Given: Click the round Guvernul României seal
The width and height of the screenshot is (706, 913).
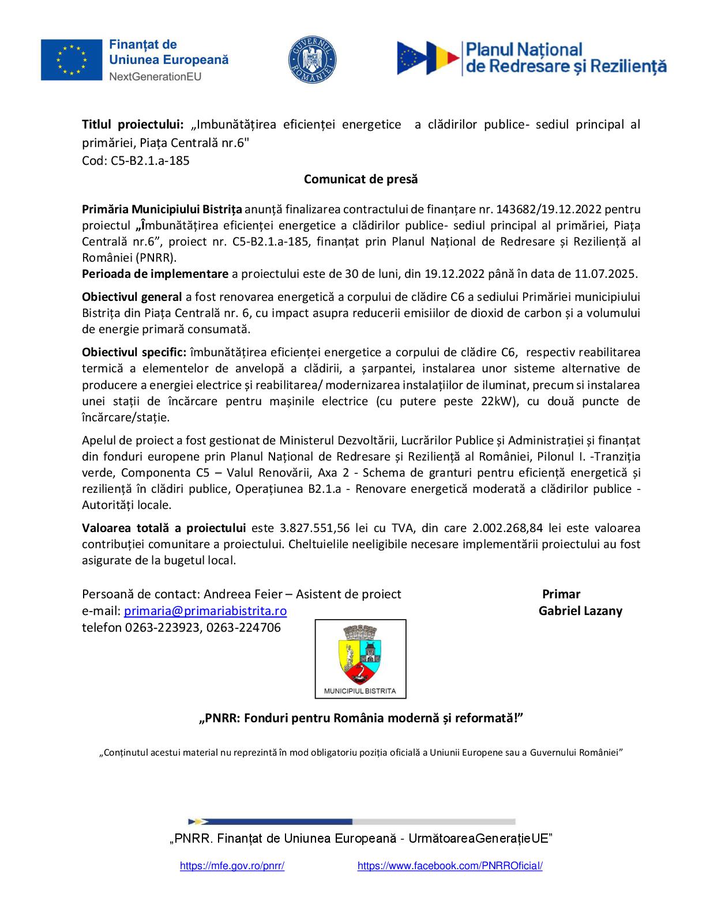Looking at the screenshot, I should pos(312,60).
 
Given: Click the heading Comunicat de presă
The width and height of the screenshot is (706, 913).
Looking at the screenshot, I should pos(360,179).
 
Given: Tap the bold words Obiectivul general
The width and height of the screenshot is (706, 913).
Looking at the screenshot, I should pos(132,297).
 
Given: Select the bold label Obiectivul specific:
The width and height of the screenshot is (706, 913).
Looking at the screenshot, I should pos(134,352).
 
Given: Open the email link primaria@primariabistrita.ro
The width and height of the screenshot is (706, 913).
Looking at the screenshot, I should pos(205,611).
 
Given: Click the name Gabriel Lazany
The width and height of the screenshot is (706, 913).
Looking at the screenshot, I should pos(580,611).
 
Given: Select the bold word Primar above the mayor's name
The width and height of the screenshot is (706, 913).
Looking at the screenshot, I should pos(561,594).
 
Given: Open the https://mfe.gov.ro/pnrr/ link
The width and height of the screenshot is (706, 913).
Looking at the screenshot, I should pos(232,866).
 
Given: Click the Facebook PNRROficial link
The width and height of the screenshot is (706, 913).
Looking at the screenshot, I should pos(450,866).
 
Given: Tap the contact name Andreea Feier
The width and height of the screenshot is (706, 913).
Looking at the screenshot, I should pos(245,594).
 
